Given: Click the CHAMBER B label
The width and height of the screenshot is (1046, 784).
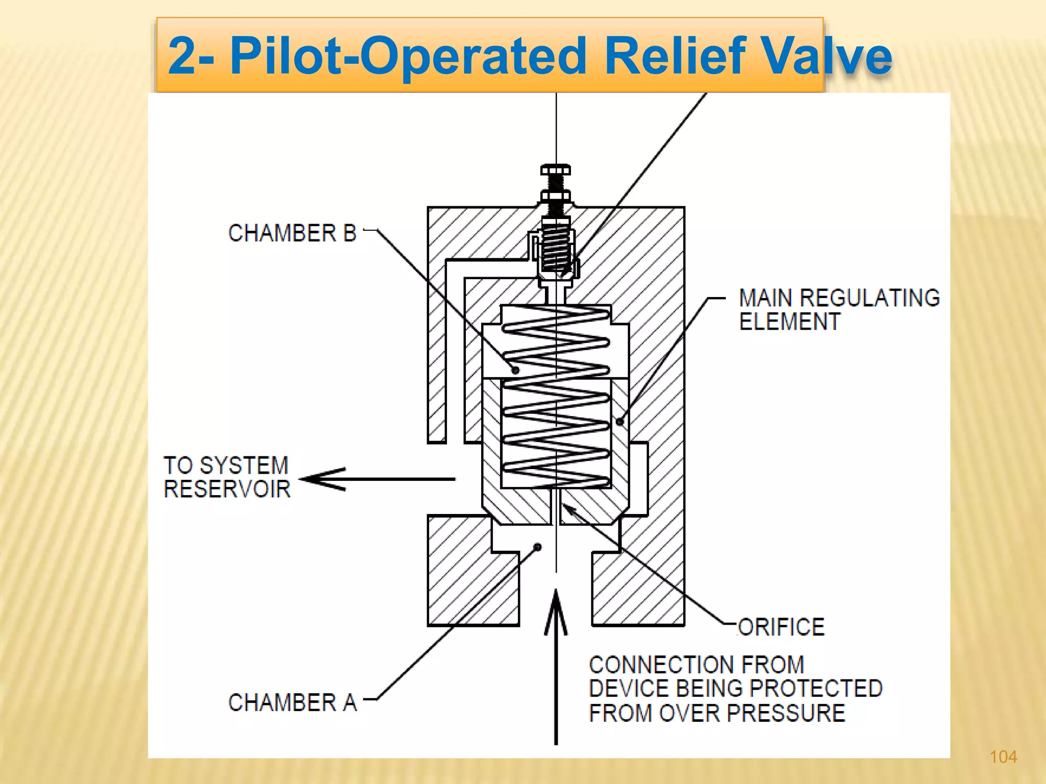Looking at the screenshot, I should [292, 233].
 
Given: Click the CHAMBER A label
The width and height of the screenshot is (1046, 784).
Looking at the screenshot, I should [292, 703].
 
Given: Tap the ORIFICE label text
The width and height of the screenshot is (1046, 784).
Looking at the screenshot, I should [781, 627].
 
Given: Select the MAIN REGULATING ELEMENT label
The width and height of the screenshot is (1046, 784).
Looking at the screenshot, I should [839, 310].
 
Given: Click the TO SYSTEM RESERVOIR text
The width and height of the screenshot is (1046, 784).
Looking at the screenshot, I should [227, 477].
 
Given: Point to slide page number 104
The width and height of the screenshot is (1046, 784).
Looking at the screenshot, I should [1003, 756].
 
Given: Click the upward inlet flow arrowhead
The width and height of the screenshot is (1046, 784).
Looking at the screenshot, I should [556, 610].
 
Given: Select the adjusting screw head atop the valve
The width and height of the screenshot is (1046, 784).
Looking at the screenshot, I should [555, 170].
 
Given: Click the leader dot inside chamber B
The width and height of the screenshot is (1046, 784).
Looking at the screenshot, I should [515, 370].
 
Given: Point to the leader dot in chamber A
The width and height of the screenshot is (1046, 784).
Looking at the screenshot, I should [537, 547].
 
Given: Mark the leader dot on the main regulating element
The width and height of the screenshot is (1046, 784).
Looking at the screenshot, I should [620, 422].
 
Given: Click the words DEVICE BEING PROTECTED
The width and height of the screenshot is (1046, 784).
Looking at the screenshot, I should [735, 689].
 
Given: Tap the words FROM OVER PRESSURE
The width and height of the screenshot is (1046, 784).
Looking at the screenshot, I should [717, 713].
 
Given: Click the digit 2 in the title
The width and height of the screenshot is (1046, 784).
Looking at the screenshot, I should [182, 56].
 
